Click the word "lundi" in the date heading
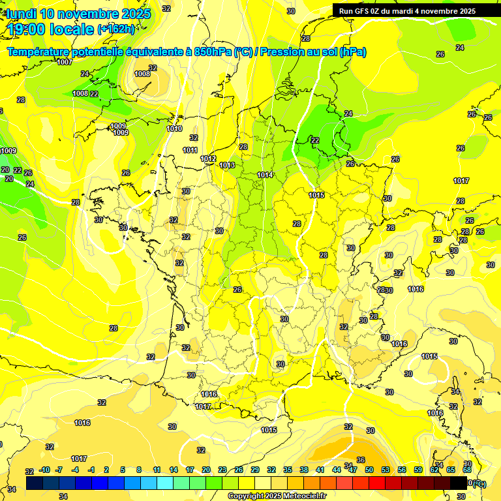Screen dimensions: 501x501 click(21, 14)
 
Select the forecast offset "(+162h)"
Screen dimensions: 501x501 click(115, 29)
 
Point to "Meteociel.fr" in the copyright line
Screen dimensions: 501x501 click(303, 496)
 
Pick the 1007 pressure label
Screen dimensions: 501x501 click(65, 62)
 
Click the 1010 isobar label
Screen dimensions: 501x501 click(174, 129)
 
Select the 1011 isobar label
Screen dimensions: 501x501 click(190, 150)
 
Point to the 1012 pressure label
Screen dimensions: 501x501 click(208, 159)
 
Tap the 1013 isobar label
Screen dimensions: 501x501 click(227, 165)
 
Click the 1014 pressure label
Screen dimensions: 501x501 click(265, 175)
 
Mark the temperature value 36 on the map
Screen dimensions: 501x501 click(361, 460)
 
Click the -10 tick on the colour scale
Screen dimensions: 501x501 click(44, 470)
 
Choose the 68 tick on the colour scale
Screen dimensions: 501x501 click(467, 470)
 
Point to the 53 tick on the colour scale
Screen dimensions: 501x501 click(386, 470)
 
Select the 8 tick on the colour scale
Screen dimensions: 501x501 click(140, 470)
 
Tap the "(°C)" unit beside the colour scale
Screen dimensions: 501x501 click(479, 483)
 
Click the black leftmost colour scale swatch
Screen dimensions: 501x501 click(35, 483)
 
